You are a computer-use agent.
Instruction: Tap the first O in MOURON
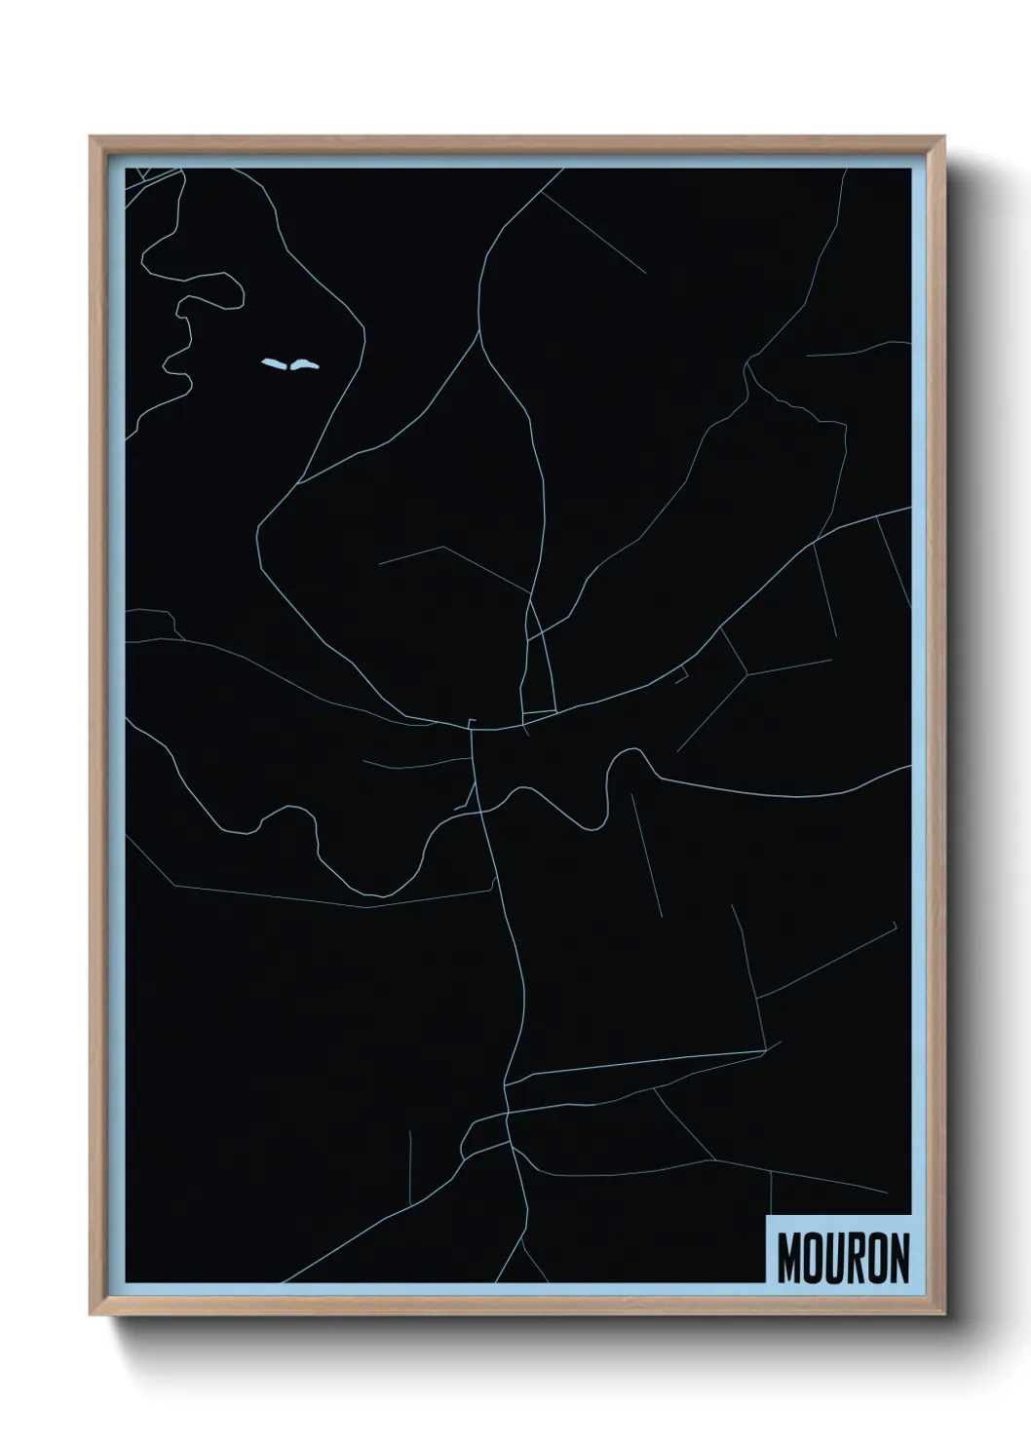[x=813, y=1259]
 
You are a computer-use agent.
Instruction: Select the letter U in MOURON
[x=835, y=1259]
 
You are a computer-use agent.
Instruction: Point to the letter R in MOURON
[x=857, y=1259]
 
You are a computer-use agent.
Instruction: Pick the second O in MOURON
[x=878, y=1259]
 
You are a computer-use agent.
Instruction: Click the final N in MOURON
[x=899, y=1259]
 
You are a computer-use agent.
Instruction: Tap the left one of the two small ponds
[x=274, y=365]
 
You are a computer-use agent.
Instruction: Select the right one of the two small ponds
[x=302, y=364]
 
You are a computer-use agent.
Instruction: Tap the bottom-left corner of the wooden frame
[x=92, y=1313]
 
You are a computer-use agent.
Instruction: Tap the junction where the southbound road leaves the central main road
[x=473, y=729]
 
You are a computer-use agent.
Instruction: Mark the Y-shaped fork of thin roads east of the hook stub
[x=746, y=671]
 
